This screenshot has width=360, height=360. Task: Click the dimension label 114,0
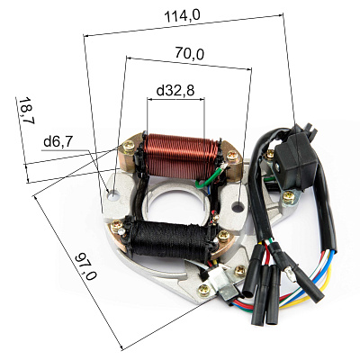[x=183, y=15]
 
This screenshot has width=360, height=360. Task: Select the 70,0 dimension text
[x=190, y=53]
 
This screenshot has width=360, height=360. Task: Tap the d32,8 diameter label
[x=175, y=90]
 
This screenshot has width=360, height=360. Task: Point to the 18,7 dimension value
[x=26, y=111]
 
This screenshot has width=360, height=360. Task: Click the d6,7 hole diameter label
[x=58, y=141]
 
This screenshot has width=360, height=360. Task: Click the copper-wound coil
[x=181, y=157]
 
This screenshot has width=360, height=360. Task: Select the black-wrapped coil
[x=169, y=238]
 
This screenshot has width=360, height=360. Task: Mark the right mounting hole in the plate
[x=238, y=207]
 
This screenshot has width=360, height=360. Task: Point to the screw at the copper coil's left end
[x=129, y=147]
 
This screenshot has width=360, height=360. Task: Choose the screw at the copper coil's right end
[x=232, y=157]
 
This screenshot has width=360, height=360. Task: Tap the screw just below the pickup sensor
[x=289, y=197]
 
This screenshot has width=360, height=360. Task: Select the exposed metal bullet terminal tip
[x=290, y=274]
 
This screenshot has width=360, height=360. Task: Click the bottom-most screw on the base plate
[x=204, y=290]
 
